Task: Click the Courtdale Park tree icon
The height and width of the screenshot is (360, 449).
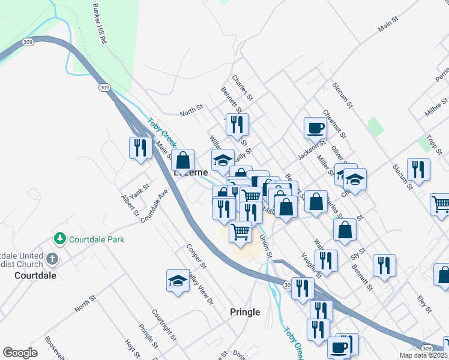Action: pos(59,239)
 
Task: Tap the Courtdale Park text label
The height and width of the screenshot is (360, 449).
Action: pos(97,239)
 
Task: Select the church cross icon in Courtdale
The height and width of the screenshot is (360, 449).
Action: pos(52,260)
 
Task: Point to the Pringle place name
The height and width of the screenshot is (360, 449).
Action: pos(245,312)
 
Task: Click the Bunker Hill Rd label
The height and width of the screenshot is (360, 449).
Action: pos(100,24)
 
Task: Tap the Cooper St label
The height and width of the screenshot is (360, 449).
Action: pos(196,256)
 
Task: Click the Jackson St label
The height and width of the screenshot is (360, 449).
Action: pos(311,150)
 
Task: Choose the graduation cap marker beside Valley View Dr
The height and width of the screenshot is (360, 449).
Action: pos(178,281)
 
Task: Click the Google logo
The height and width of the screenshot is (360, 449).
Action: pos(20,353)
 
